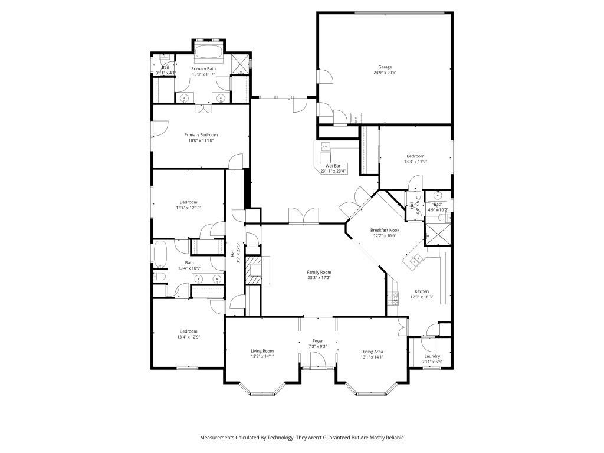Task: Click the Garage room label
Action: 385,67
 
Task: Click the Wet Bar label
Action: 333,166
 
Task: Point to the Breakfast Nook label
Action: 385,230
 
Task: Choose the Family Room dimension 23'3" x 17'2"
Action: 319,278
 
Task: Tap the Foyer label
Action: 317,341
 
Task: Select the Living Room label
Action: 262,351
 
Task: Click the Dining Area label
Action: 372,351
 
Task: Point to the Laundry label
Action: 432,356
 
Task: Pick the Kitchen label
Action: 421,291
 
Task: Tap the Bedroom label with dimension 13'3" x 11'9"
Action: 415,156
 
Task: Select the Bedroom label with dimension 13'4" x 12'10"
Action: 188,202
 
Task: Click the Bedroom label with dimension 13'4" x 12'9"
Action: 188,331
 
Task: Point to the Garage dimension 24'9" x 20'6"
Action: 385,73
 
